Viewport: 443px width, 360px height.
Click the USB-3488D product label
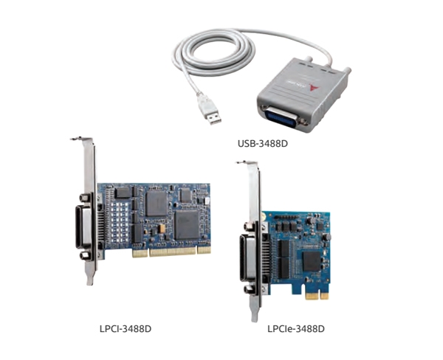pos(263,144)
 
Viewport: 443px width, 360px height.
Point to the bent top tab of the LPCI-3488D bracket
pos(80,139)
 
